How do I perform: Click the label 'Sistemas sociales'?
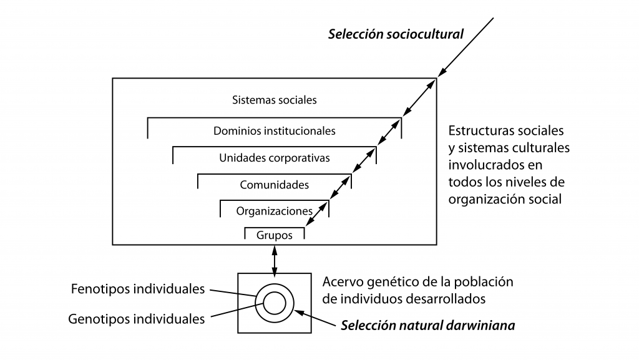(275, 100)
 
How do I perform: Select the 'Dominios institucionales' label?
(275, 131)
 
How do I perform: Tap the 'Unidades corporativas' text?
(275, 158)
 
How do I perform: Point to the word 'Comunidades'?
(275, 185)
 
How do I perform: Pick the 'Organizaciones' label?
(275, 211)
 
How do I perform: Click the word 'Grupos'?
(275, 236)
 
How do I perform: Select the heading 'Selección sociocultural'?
(396, 34)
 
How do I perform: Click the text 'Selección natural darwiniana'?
(427, 325)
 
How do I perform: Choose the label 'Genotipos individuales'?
(136, 319)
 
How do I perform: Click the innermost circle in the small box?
(275, 303)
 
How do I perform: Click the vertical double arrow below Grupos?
(275, 259)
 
